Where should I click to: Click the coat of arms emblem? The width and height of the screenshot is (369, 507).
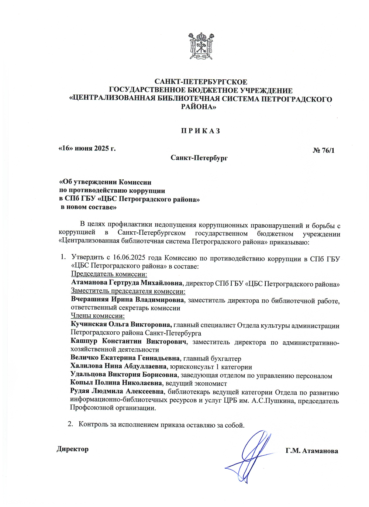click(201, 46)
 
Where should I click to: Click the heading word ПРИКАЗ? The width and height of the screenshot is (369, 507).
click(200, 131)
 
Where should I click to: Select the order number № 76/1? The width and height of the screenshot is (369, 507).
click(323, 150)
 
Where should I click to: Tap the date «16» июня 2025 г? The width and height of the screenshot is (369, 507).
click(87, 148)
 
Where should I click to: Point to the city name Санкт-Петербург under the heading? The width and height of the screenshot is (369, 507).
click(199, 158)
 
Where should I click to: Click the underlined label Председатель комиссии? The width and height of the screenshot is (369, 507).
click(109, 274)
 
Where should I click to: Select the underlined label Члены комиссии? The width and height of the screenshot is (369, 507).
click(97, 316)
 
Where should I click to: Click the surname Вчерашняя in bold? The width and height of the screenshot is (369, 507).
click(89, 299)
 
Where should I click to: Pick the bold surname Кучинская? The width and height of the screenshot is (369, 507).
click(89, 324)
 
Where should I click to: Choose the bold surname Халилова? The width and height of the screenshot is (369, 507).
click(86, 366)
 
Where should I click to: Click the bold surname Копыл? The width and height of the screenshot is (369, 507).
click(80, 383)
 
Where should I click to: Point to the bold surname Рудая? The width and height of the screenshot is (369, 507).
click(79, 391)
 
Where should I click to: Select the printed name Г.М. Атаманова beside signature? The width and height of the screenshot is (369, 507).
click(311, 451)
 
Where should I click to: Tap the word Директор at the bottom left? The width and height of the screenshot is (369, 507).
click(73, 449)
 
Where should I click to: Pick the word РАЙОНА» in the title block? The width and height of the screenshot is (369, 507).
click(199, 107)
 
